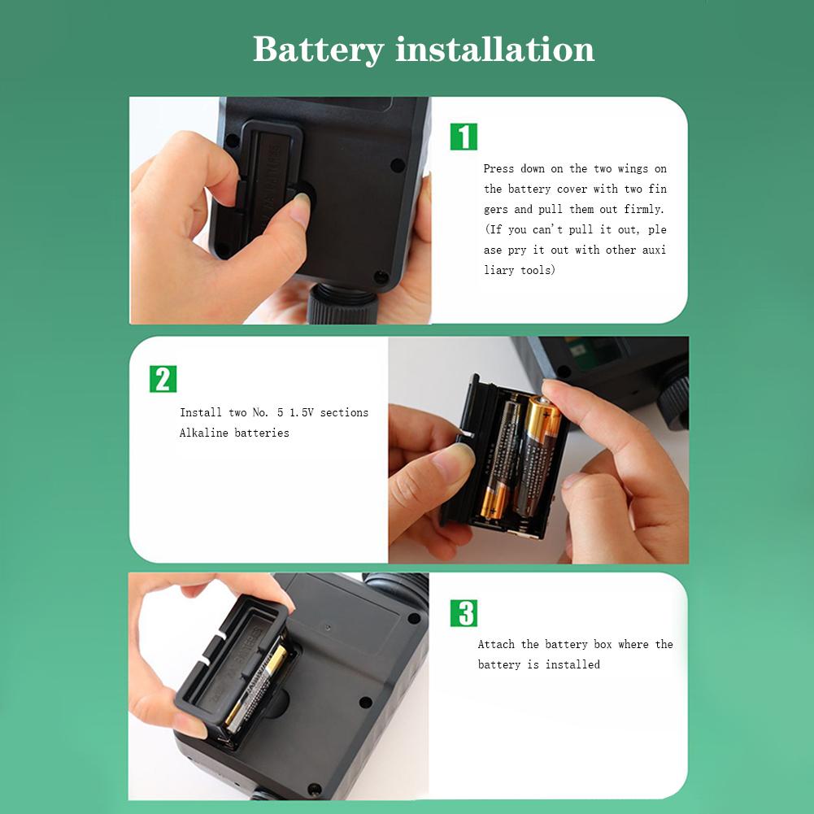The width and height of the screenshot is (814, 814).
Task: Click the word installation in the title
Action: (x=494, y=50)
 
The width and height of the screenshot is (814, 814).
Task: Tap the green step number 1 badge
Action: (x=464, y=137)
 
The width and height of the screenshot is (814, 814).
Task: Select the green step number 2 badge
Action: (x=163, y=379)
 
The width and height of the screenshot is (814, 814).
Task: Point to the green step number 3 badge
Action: (x=464, y=613)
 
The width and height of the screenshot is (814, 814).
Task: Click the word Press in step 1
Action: (x=498, y=168)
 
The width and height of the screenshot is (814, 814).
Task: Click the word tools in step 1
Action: (x=538, y=270)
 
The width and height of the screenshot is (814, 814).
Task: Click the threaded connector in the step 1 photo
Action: (x=342, y=303)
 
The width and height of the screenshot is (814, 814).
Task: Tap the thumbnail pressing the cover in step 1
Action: (x=300, y=207)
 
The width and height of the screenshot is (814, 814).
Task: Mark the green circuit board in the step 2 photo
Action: (x=590, y=350)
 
